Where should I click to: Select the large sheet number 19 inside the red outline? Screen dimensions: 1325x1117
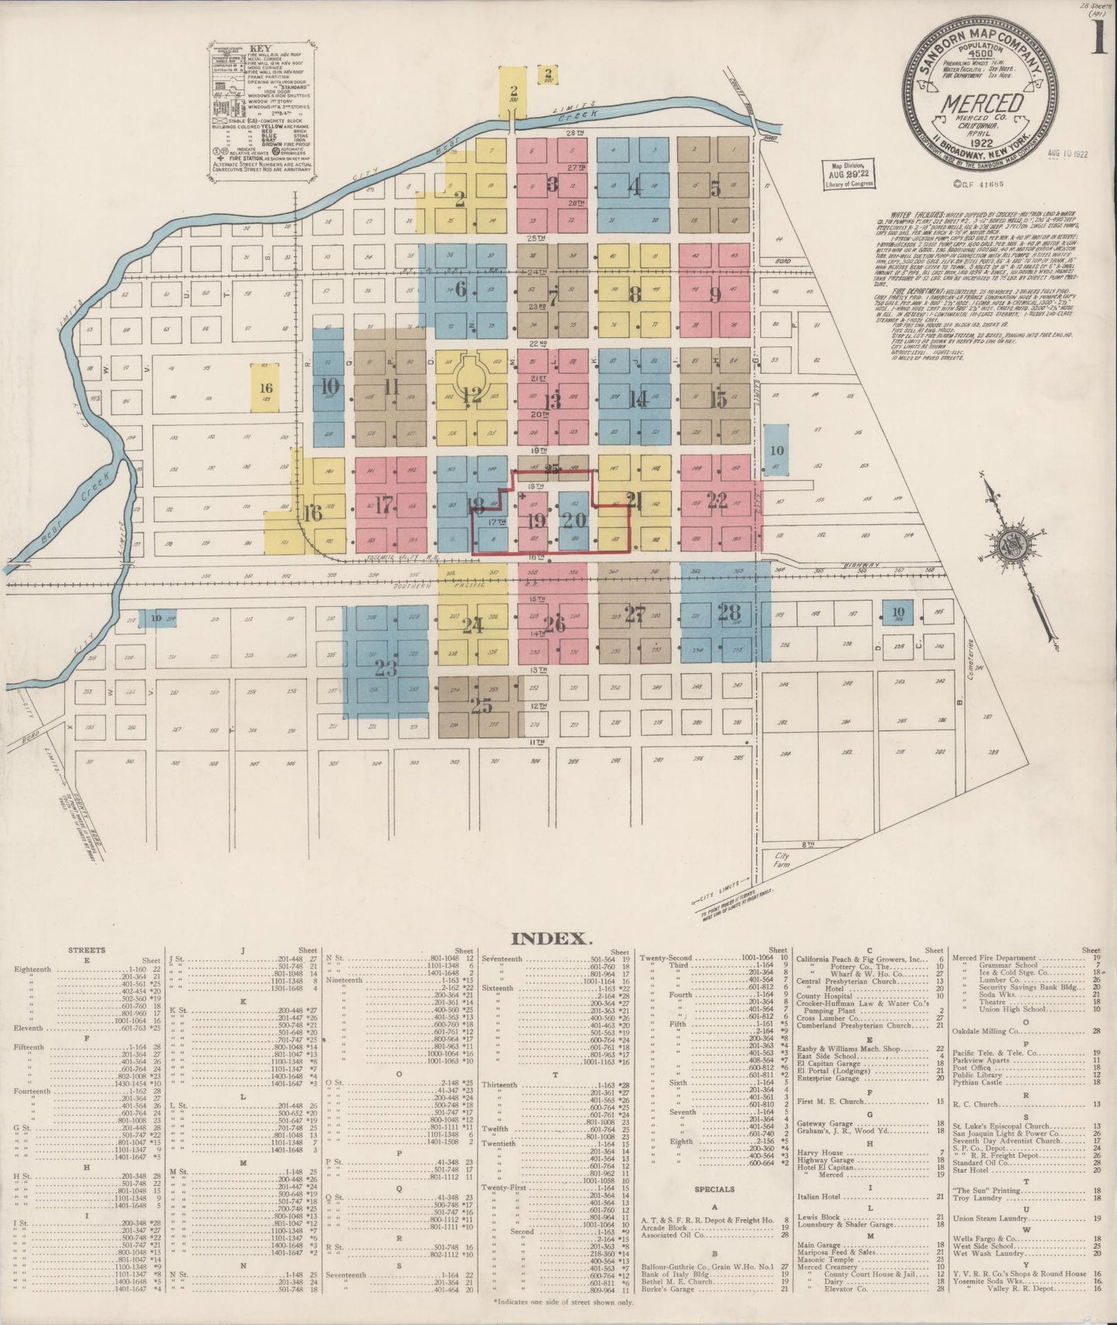coord(535,519)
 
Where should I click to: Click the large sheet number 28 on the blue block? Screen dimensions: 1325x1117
coord(729,613)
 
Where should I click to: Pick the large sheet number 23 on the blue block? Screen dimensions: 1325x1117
coord(386,667)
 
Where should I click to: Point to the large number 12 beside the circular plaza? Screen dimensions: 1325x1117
coord(472,396)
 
